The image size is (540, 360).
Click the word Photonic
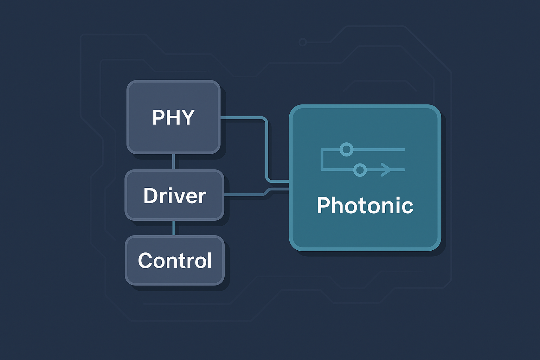point(365,205)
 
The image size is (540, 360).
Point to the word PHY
point(173,117)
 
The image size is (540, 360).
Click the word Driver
point(174,196)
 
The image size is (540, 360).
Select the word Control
point(175,261)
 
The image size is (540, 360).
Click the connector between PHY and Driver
point(174,162)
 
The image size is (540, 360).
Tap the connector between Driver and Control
point(174,228)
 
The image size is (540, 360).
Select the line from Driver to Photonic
point(246,194)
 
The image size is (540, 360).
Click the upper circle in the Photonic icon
point(346,149)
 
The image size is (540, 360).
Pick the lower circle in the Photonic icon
point(360,170)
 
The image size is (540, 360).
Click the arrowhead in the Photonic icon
point(386,170)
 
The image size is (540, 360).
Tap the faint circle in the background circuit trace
point(302,42)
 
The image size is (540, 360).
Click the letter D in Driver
point(150,196)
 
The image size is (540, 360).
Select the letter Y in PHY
point(187,117)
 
